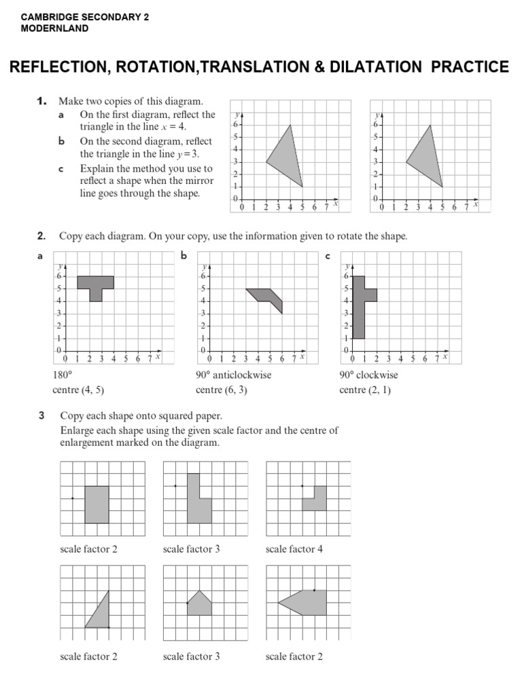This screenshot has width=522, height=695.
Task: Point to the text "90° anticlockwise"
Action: tap(233, 375)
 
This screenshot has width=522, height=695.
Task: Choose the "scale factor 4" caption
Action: tap(294, 549)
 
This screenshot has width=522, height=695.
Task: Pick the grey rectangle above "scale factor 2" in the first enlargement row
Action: tap(97, 504)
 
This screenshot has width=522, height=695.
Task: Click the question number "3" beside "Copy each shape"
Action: tap(41, 415)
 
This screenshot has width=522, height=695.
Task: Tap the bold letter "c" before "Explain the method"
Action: tap(61, 168)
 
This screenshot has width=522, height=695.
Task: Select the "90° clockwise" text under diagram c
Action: tap(368, 375)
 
